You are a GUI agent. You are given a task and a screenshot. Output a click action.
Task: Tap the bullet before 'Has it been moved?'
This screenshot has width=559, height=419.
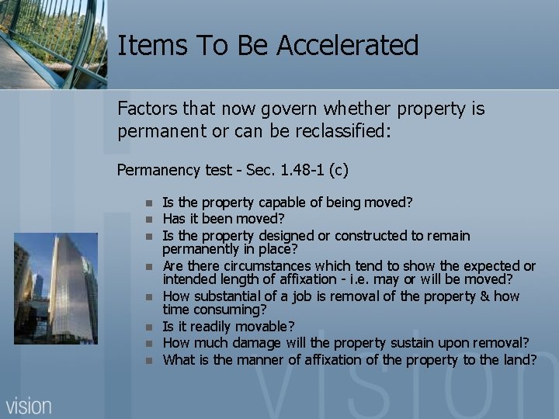click(x=147, y=219)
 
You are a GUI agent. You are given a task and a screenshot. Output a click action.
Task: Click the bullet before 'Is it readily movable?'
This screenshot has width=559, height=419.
click(x=147, y=328)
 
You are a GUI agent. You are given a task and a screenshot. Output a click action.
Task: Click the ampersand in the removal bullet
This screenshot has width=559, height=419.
click(x=477, y=297)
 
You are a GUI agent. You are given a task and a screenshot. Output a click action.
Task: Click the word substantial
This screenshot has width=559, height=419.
click(x=228, y=297)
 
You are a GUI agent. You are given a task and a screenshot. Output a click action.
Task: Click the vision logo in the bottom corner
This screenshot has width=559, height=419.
click(x=30, y=404)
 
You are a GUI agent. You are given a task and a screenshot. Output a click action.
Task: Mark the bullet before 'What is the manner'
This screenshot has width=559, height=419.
click(x=147, y=360)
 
